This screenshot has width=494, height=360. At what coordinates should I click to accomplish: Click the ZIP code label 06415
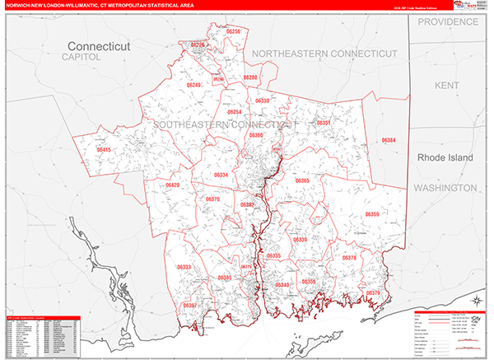click(x=104, y=150)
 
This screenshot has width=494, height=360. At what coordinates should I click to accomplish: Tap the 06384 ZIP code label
click(x=389, y=141)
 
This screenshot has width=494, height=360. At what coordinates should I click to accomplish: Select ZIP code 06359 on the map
click(x=371, y=214)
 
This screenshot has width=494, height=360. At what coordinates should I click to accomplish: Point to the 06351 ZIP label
click(x=324, y=123)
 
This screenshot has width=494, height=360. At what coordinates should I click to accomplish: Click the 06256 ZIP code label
click(x=234, y=31)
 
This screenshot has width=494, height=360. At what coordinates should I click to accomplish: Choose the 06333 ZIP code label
click(x=184, y=268)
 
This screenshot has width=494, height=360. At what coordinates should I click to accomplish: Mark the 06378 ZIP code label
click(x=349, y=258)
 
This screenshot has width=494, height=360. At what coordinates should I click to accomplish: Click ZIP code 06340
click(x=282, y=285)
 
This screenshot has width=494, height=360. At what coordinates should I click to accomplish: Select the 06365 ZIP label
click(x=302, y=180)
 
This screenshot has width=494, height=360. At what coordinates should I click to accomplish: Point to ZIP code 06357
click(x=189, y=306)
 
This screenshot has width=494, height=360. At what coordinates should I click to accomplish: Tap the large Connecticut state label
click(x=99, y=47)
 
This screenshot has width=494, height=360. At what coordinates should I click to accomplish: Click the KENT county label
click(x=447, y=85)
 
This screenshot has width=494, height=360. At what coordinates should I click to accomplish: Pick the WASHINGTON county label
click(x=452, y=188)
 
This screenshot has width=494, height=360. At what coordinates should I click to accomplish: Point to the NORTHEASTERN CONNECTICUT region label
click(x=324, y=54)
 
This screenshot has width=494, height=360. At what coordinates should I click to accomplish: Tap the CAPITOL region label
click(x=81, y=58)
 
